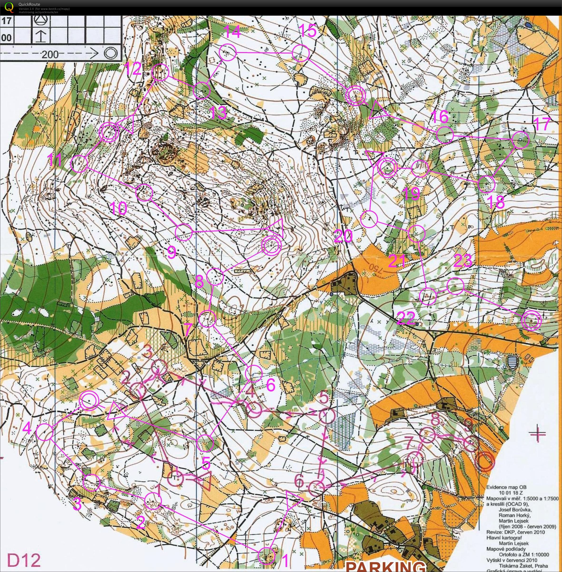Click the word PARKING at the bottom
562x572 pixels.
click(x=385, y=566)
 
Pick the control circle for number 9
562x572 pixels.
click(x=184, y=232)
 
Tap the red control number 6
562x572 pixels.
click(x=299, y=481)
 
